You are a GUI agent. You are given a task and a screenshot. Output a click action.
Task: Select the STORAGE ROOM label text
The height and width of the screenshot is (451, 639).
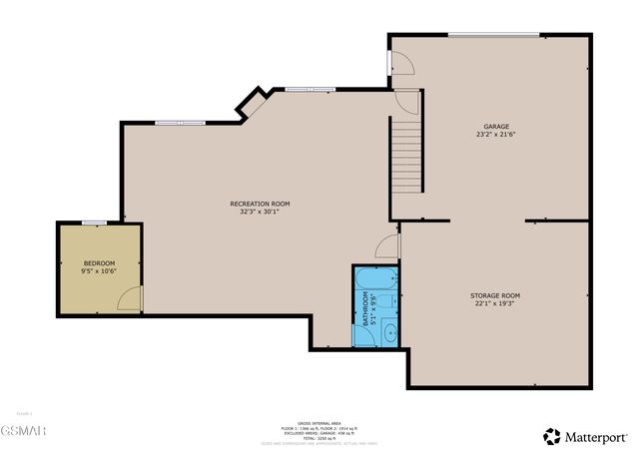[495, 295]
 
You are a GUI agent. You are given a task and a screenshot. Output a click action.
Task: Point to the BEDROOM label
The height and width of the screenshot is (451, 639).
[98, 262]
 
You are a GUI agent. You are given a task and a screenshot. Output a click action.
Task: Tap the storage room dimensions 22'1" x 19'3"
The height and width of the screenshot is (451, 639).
[495, 304]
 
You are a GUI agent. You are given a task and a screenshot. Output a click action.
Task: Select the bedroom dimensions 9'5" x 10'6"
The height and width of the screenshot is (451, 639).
[98, 270]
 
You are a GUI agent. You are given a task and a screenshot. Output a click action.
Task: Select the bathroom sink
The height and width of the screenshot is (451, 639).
[390, 331]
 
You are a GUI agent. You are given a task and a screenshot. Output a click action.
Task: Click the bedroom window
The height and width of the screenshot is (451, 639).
[94, 222]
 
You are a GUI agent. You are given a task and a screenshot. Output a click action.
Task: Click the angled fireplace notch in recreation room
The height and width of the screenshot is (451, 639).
[253, 103]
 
